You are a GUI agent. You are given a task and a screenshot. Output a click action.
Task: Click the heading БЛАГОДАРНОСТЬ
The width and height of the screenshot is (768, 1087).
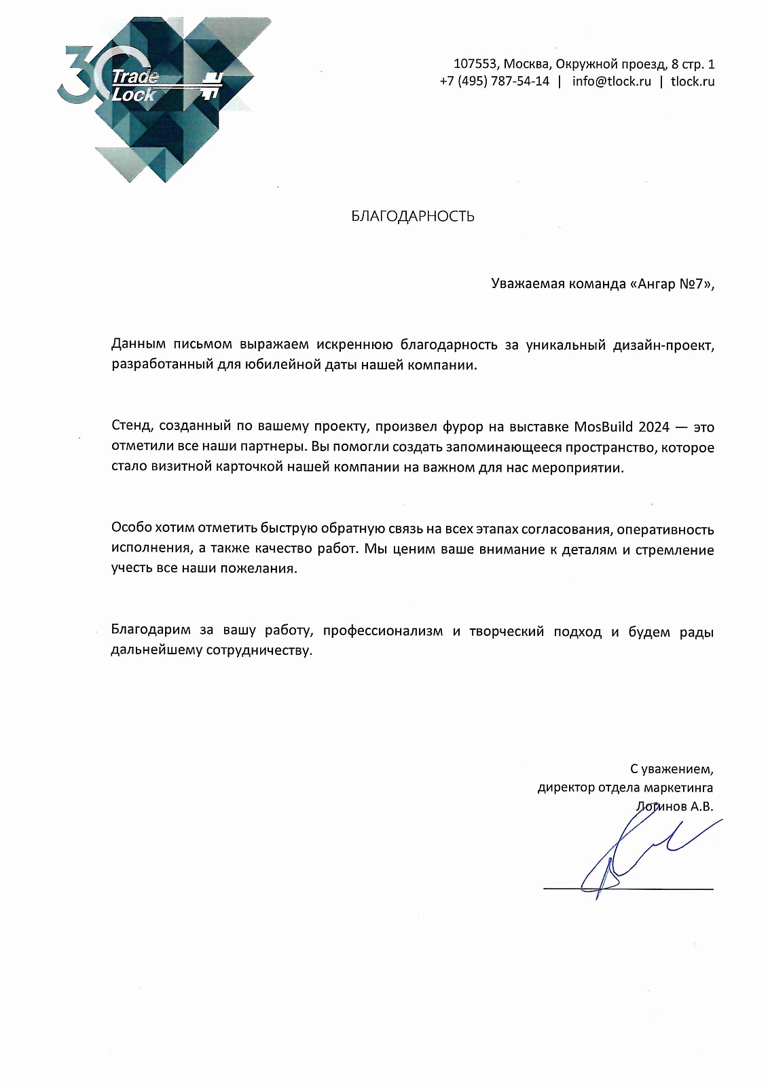coord(413,217)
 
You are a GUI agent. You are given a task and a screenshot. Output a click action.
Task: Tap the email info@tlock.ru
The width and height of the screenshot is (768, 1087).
coord(611,82)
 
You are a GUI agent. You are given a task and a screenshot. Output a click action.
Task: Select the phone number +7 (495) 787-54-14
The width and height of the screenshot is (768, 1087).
coord(494,82)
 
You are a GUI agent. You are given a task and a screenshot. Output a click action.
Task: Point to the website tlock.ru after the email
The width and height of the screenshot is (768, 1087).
coord(693,82)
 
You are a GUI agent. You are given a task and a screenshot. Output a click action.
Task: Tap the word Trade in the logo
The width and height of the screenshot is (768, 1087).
coord(135,76)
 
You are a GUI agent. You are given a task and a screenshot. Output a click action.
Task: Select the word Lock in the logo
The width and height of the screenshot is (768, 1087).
coord(134,95)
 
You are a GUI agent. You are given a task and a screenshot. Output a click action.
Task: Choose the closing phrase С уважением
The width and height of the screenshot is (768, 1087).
coord(672,770)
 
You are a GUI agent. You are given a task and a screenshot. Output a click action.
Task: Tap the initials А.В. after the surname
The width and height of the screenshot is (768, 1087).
coord(701,807)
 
